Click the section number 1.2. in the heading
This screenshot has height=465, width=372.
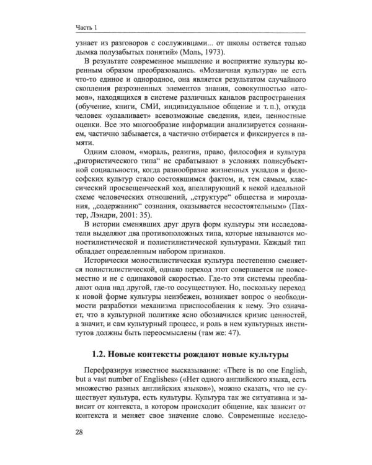(104, 355)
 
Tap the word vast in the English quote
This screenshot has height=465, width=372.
(95, 383)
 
